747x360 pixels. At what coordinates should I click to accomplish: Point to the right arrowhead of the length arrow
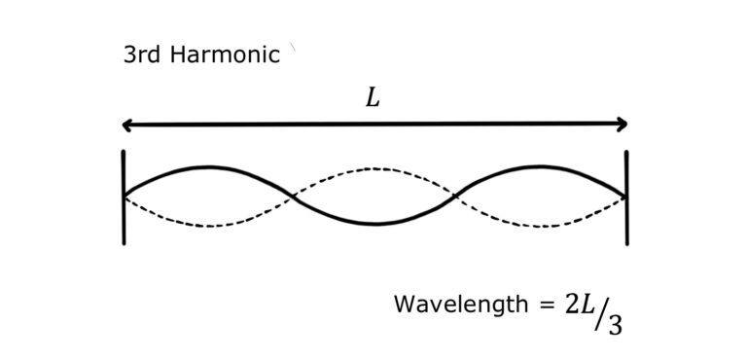(622, 125)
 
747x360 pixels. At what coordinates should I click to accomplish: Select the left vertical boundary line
(124, 197)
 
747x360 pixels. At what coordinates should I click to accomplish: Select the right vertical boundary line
(626, 197)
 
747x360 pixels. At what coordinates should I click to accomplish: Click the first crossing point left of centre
(292, 198)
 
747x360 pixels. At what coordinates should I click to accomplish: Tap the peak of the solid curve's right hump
(542, 167)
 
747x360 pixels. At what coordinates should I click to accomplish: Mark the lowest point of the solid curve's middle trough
(375, 225)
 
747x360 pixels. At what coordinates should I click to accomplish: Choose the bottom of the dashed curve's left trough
(207, 226)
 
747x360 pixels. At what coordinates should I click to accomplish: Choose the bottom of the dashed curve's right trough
(542, 226)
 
